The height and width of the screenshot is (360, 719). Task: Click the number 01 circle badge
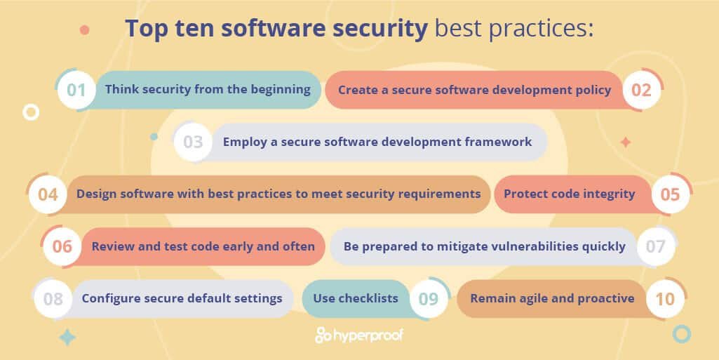(76, 90)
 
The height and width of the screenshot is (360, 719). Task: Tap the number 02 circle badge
(641, 90)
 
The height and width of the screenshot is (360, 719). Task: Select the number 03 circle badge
(193, 142)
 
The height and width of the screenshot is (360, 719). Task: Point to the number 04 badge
(48, 194)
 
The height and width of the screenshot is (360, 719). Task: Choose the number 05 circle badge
(671, 194)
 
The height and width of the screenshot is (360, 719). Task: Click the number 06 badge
(62, 246)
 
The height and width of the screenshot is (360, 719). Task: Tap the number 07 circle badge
(655, 246)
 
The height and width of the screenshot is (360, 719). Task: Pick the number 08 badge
(53, 299)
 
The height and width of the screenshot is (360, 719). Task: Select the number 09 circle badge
(428, 299)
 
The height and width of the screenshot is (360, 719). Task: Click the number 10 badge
(664, 299)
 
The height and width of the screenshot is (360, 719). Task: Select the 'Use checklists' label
(356, 298)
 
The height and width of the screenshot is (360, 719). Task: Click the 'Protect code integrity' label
(569, 194)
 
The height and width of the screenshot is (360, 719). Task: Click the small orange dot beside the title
(85, 30)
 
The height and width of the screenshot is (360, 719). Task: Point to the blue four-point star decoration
(67, 338)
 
